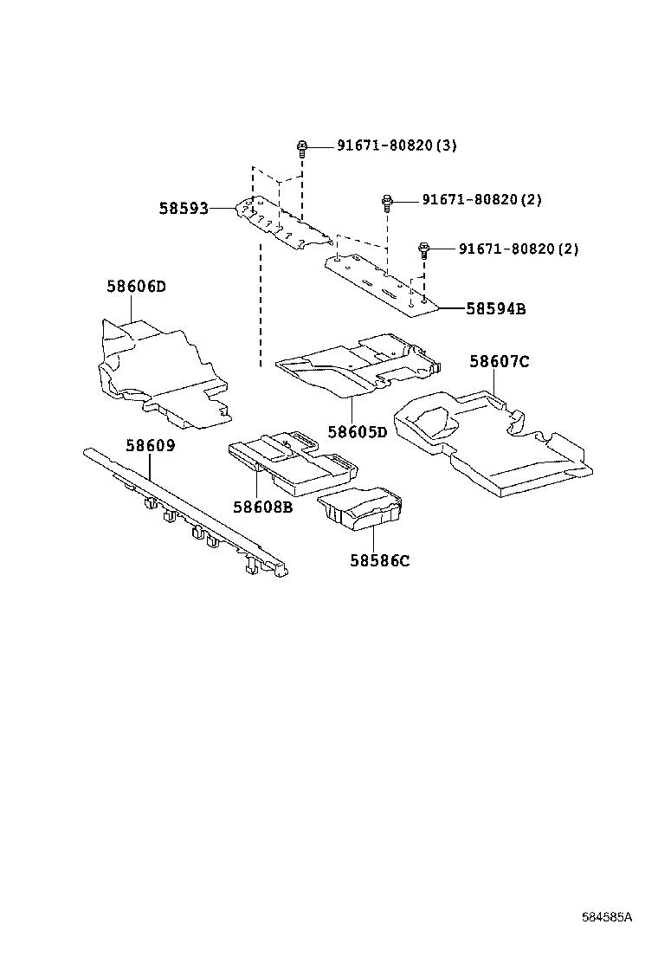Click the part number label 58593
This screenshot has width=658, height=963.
coord(184,209)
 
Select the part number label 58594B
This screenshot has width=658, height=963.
coord(495,307)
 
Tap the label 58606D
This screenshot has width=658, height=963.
coord(136,287)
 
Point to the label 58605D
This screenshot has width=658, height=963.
coord(357,431)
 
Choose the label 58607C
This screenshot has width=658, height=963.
coord(499,362)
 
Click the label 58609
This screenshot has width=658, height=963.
coord(150,446)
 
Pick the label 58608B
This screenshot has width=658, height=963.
coord(261,507)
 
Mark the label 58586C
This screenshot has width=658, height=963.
coord(379,560)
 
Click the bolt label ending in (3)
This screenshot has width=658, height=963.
coord(384,145)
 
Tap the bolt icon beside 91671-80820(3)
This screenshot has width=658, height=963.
coord(302,146)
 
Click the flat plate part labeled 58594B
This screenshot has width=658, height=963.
coord(381,281)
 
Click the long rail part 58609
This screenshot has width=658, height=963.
coord(182,511)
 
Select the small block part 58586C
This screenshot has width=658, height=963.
coord(361,508)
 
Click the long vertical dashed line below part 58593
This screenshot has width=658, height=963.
coord(260,303)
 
